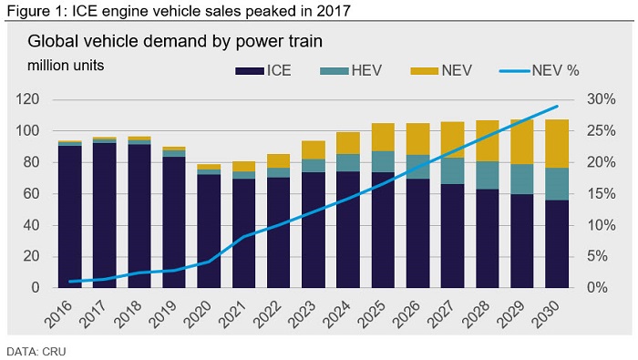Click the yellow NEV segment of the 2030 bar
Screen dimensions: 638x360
pyautogui.click(x=557, y=144)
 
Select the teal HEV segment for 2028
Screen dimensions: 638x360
pyautogui.click(x=487, y=175)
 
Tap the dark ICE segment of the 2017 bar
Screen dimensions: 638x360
pyautogui.click(x=105, y=216)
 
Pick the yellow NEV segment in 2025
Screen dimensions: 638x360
pyautogui.click(x=383, y=138)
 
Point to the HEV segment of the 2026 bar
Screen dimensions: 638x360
pyautogui.click(x=417, y=167)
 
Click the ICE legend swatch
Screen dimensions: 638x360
pyautogui.click(x=249, y=71)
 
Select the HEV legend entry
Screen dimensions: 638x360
pyautogui.click(x=351, y=71)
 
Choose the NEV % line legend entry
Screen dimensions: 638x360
pyautogui.click(x=540, y=71)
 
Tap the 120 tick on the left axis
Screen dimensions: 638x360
pyautogui.click(x=27, y=99)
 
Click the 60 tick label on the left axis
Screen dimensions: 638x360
pyautogui.click(x=32, y=193)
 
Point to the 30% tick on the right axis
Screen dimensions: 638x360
pyautogui.click(x=601, y=99)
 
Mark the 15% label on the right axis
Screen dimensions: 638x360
pyautogui.click(x=601, y=193)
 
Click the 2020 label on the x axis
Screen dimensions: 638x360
pyautogui.click(x=198, y=314)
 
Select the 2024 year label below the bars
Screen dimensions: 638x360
pyautogui.click(x=336, y=314)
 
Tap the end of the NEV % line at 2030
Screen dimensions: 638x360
pyautogui.click(x=557, y=106)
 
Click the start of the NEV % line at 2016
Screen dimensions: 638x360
pyautogui.click(x=70, y=281)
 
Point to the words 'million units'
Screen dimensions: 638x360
pyautogui.click(x=66, y=66)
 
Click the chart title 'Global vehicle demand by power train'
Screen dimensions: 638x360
pyautogui.click(x=175, y=42)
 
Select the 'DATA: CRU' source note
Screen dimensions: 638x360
pyautogui.click(x=36, y=352)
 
